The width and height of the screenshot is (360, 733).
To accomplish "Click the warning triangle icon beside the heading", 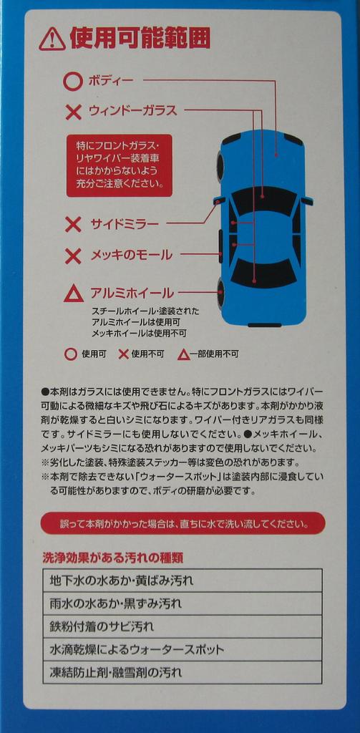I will point(52,39).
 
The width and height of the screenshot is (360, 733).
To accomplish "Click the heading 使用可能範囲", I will point(140,39).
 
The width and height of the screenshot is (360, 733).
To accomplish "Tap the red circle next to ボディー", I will point(72,81).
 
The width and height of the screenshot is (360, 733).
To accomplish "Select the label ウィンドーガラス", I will point(132,111).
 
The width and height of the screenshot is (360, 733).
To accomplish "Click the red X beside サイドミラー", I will point(73,225).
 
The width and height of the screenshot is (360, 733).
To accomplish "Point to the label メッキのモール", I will point(131,255).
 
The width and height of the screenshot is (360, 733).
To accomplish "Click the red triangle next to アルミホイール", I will point(73,293).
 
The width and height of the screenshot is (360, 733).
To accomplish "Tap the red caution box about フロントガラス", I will point(120,165).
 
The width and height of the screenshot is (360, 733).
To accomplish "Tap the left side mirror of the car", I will point(220,200).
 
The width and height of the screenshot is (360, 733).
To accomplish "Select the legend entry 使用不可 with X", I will point(141,354).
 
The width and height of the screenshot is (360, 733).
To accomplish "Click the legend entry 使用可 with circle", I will point(85,354).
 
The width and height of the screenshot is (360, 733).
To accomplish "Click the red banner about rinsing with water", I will point(183,523).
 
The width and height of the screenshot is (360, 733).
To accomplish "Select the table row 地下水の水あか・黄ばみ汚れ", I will point(182,581).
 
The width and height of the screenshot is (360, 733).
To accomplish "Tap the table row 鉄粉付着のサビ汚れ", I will point(182,626).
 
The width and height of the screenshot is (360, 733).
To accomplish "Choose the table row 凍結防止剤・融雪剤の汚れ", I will point(182,672).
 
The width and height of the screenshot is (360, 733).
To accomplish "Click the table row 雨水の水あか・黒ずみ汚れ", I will point(182,603).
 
